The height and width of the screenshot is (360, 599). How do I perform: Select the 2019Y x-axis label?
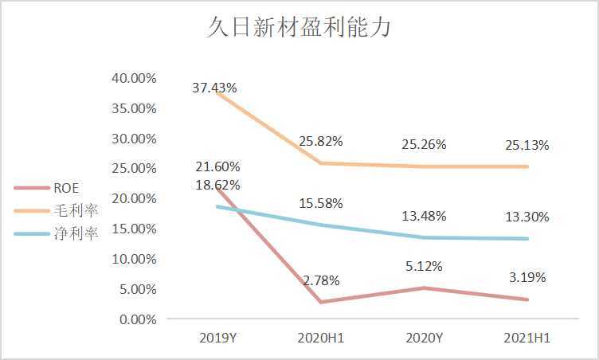tap(217, 338)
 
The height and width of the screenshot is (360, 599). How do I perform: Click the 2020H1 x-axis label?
tap(320, 338)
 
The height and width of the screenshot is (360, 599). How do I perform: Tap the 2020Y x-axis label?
tap(424, 338)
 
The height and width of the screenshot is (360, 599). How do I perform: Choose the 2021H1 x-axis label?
tap(527, 338)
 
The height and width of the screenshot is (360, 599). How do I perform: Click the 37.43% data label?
tap(214, 88)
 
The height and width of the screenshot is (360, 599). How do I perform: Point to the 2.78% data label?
tap(321, 280)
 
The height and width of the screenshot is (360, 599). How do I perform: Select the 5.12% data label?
tap(424, 266)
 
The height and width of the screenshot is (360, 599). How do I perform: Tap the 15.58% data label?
tap(321, 204)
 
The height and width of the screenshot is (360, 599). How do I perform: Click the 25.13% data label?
tap(527, 145)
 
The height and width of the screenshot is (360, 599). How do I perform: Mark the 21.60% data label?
tap(217, 166)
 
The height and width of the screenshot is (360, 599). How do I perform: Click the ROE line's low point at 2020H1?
tap(321, 302)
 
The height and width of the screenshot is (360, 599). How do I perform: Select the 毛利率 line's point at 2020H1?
tap(321, 163)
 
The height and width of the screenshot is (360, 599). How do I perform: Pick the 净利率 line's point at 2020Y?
tap(424, 237)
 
